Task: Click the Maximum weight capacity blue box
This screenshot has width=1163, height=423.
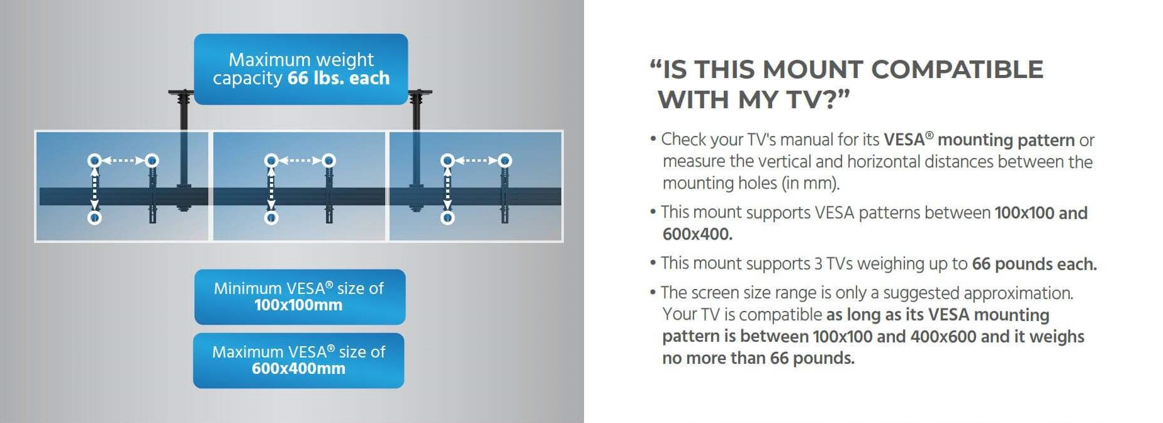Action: point(301,69)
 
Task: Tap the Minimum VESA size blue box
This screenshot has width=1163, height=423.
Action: point(300,297)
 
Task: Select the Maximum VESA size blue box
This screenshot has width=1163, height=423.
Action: point(298,361)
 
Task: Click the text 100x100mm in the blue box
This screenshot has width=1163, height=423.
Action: point(298,305)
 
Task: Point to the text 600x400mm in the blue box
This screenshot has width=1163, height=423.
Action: point(298,369)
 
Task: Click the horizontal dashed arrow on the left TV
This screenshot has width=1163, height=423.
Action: point(123,161)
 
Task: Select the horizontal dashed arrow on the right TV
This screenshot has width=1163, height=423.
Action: point(476,161)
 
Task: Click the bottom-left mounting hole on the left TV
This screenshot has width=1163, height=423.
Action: point(94,218)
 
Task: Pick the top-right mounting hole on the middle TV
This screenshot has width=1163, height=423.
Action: point(329,161)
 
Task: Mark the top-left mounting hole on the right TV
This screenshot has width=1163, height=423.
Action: point(447,161)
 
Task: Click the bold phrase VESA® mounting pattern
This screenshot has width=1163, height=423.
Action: point(979,140)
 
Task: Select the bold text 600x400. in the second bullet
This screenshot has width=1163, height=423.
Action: point(697,234)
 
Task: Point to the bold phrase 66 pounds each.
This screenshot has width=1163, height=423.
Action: point(1034,264)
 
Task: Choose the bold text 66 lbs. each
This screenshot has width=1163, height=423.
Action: point(339,78)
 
